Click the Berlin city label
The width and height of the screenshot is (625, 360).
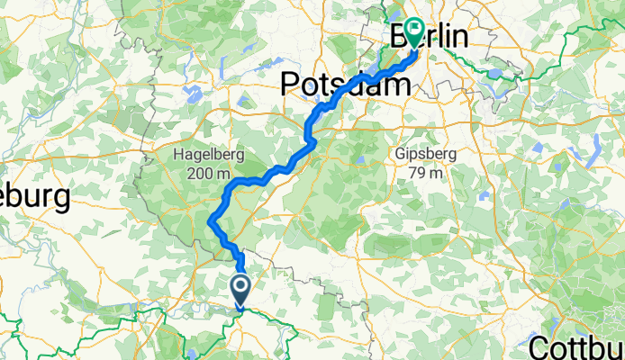coord(430,37)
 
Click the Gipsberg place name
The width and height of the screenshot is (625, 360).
coord(425,155)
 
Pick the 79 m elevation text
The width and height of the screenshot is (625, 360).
coord(425,173)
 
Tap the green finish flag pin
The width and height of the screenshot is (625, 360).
coord(415,31)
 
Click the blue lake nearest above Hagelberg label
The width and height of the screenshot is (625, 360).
coord(191,91)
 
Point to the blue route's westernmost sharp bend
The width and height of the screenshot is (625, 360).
coord(210,220)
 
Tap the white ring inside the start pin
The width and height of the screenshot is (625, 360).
coord(242,286)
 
